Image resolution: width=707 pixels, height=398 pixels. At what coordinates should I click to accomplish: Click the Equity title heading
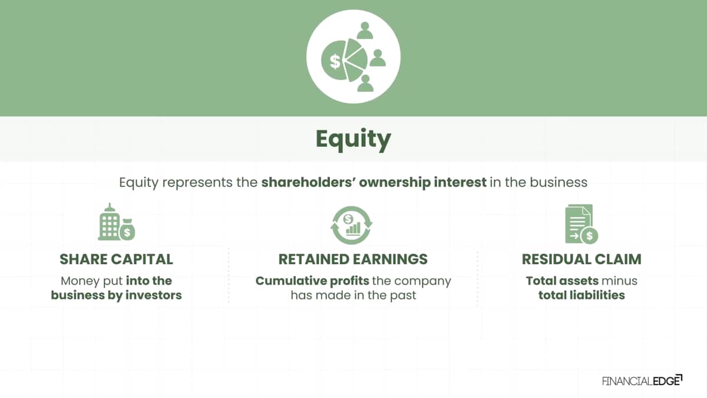353,139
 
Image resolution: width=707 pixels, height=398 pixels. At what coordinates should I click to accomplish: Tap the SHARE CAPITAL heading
116,259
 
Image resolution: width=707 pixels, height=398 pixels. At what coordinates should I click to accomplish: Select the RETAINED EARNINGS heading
353,259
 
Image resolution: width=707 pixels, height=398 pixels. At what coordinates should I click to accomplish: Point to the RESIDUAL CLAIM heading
582,259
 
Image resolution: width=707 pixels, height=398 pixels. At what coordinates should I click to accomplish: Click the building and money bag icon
117,222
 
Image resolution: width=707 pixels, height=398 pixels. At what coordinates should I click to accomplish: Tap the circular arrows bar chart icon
351,225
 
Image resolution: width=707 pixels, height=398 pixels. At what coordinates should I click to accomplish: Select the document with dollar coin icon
582,224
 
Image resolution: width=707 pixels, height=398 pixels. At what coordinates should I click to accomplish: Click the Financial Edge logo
642,380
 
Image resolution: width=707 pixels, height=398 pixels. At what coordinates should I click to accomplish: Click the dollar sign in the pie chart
335,61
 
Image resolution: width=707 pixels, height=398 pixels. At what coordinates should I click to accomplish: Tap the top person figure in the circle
365,30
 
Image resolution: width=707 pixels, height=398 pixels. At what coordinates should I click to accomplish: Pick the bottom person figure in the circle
365,83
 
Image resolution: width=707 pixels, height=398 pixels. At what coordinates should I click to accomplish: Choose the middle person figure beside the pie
378,58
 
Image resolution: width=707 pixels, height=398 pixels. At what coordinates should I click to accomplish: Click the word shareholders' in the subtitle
308,183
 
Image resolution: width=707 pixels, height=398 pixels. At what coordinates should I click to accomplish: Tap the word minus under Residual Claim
619,281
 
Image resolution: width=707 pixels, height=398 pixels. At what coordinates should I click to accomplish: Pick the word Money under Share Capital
80,281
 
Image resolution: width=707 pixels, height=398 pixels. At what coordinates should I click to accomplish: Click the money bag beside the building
127,229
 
